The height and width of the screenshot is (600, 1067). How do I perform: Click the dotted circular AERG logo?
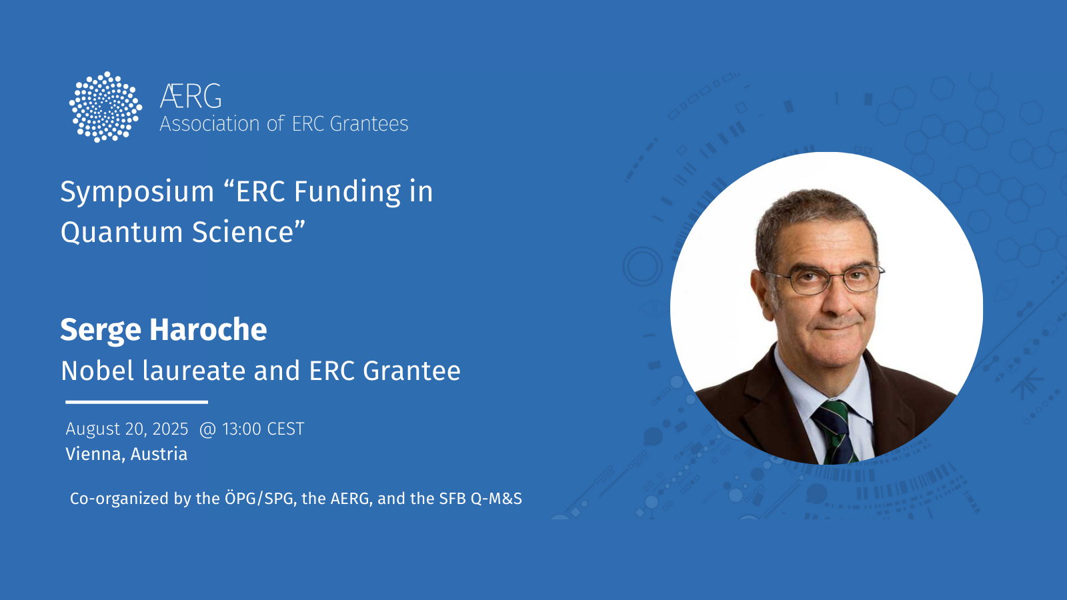[x=105, y=107]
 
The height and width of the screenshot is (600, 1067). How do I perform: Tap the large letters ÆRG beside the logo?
[x=191, y=96]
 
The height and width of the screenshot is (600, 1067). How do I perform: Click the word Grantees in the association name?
[x=369, y=124]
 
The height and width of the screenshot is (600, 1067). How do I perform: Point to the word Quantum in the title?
[x=121, y=233]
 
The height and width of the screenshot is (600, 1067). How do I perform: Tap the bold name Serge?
[x=101, y=330]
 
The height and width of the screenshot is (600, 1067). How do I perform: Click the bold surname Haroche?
[x=208, y=329]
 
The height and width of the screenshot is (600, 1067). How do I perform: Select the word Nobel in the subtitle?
[x=97, y=371]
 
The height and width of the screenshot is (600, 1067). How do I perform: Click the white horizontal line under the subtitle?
[x=137, y=403]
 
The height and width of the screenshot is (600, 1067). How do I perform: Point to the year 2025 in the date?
[x=171, y=429]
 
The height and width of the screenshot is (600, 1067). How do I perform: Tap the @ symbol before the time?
[x=207, y=429]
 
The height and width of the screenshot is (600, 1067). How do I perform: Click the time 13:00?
[x=241, y=429]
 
